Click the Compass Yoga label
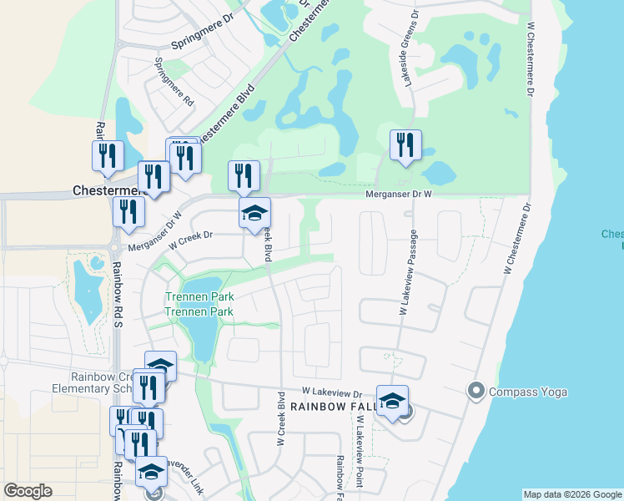528,392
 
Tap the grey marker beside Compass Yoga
477,390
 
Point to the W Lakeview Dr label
331,391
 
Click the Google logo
28,491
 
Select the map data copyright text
573,494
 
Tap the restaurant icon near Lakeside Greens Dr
405,144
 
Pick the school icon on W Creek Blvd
255,213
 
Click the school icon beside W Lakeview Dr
392,401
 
